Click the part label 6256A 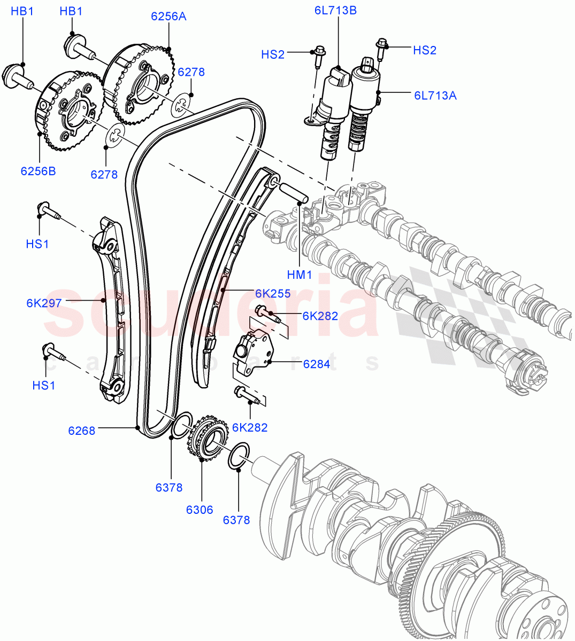(x=168, y=17)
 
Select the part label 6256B (x=38, y=171)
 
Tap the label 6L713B (x=335, y=10)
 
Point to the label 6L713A (x=435, y=96)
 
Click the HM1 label (x=299, y=275)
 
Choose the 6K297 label (x=44, y=303)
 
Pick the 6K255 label (x=272, y=293)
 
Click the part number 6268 (x=81, y=430)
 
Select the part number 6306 (x=200, y=510)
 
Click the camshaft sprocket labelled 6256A (x=138, y=85)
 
